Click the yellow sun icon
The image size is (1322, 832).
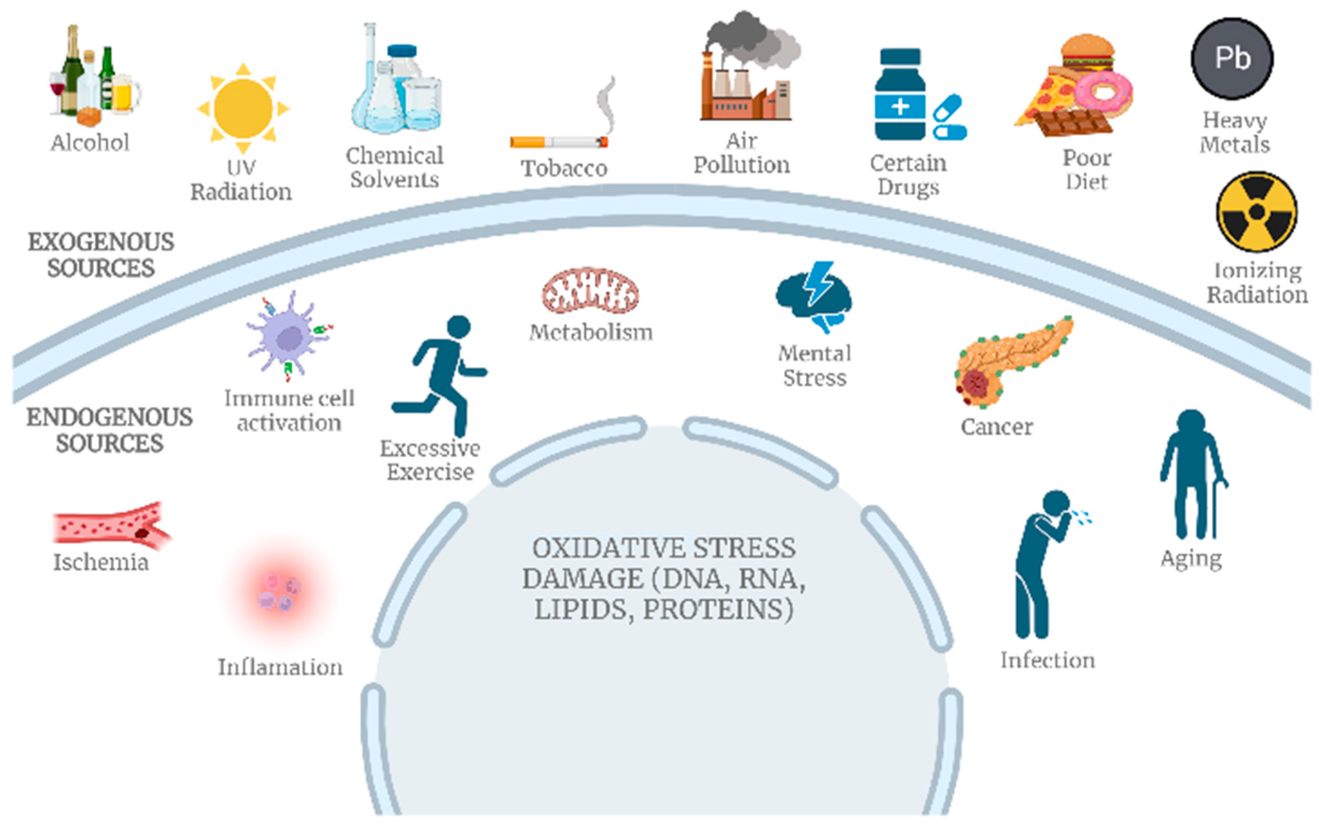coord(243,108)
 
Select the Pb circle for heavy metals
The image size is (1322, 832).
coord(1231,58)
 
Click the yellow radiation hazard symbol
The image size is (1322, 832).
coord(1256,212)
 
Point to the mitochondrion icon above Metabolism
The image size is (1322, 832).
coord(590,291)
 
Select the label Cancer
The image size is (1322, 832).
coord(997,427)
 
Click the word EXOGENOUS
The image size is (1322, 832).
coord(101,242)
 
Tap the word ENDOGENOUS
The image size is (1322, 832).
coord(110,417)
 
